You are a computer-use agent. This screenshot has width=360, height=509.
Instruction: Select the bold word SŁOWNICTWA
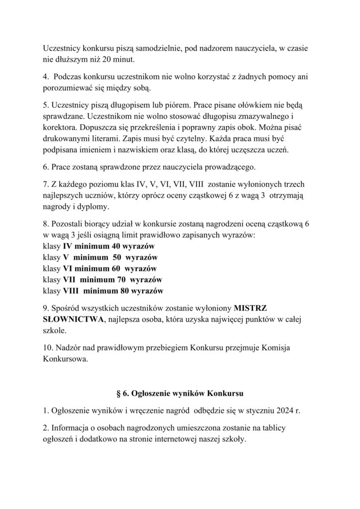(x=73, y=319)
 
